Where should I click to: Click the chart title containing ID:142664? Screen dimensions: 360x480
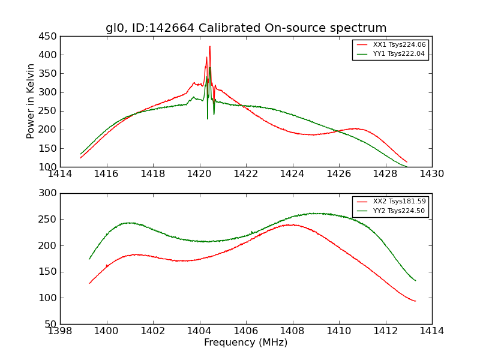pyautogui.click(x=246, y=28)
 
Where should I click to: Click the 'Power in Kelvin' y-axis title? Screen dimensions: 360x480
pyautogui.click(x=31, y=101)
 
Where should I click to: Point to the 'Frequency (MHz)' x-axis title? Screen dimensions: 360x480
pyautogui.click(x=246, y=343)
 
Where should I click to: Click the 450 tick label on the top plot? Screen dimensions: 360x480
pyautogui.click(x=48, y=37)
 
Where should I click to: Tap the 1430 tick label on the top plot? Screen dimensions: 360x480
pyautogui.click(x=431, y=174)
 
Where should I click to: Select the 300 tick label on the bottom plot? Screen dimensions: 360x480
pyautogui.click(x=48, y=193)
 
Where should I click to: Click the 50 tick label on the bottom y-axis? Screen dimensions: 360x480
pyautogui.click(x=50, y=324)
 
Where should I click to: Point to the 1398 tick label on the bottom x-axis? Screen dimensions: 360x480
pyautogui.click(x=61, y=331)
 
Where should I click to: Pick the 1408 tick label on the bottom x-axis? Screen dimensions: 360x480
pyautogui.click(x=292, y=331)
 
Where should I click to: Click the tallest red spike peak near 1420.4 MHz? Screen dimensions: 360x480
pyautogui.click(x=209, y=46)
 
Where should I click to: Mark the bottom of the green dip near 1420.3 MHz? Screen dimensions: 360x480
pyautogui.click(x=208, y=118)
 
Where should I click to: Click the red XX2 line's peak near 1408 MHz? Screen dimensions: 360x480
pyautogui.click(x=291, y=225)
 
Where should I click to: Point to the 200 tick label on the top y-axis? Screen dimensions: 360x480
pyautogui.click(x=48, y=130)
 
